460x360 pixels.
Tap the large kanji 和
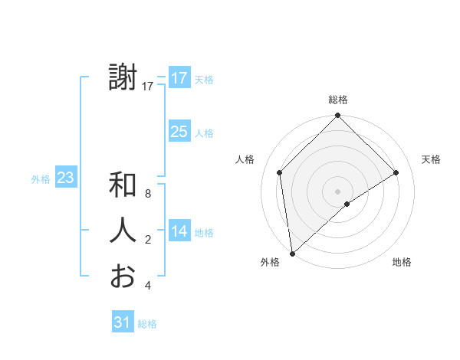coord(123,185)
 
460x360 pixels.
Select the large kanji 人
coord(123,231)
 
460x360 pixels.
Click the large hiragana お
coord(123,276)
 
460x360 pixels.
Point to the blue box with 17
coord(179,78)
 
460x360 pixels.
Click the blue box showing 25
coord(179,132)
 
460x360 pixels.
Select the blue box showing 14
coord(179,231)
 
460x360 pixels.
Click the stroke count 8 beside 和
coord(148,195)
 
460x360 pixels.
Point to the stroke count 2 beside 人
coord(148,241)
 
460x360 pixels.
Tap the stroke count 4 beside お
coord(148,286)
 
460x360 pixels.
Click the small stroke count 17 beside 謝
coord(148,87)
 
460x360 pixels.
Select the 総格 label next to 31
coord(147,324)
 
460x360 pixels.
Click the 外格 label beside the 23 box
coord(41,179)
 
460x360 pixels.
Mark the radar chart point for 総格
coord(337,116)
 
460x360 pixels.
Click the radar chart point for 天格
coord(396,172)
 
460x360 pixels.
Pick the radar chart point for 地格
coord(347,204)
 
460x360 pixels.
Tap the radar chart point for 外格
coord(291,254)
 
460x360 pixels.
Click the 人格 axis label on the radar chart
coord(245,159)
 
